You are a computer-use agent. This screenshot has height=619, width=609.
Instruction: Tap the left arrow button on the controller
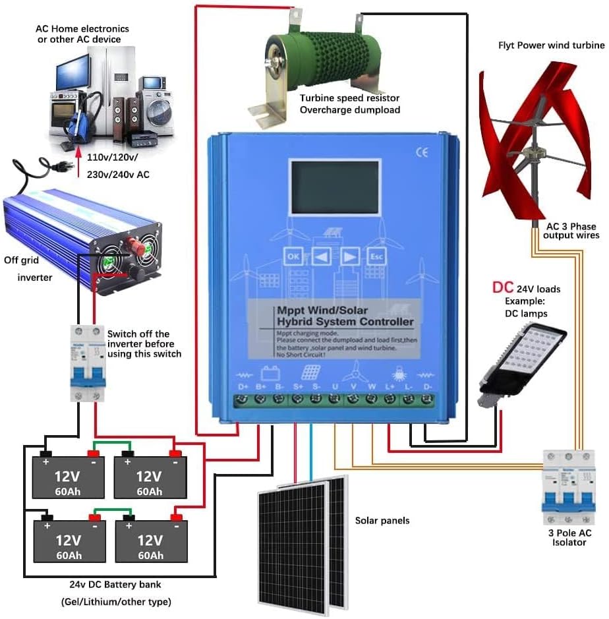coord(321,256)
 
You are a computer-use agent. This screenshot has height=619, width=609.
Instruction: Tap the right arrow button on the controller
coord(351,256)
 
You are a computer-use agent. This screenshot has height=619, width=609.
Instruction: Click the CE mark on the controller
coord(421,152)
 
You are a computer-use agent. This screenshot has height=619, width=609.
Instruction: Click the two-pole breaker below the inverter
coord(88,363)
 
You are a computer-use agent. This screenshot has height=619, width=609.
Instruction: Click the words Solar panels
coord(382,521)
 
